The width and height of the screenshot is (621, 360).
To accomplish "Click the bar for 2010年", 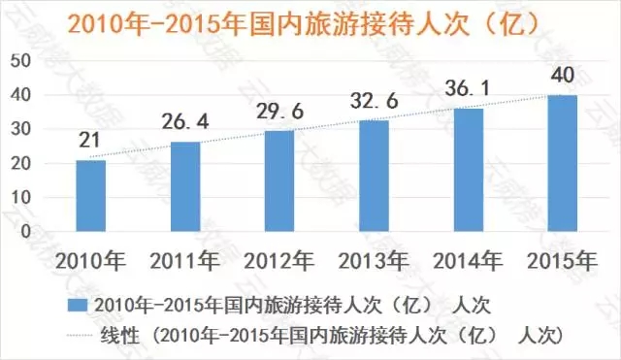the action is click(90, 196).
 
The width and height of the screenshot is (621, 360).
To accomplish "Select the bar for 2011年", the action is click(185, 186).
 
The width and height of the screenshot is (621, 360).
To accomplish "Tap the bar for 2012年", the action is click(279, 181).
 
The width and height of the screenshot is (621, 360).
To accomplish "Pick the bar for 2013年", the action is click(374, 176).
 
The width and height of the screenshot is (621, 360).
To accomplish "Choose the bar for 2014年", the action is click(469, 170).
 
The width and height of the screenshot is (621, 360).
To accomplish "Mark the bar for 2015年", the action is click(563, 163).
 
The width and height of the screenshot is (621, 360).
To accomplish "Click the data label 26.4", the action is click(185, 121).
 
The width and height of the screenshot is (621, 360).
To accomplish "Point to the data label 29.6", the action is click(280, 111).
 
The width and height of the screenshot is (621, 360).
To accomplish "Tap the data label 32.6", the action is click(375, 101).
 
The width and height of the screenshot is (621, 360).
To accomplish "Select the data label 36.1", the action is click(468, 88).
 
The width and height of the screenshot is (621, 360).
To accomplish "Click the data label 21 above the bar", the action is click(89, 140).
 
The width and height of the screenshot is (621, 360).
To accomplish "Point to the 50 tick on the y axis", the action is click(20, 61).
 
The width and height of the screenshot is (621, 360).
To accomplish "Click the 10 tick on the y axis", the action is click(20, 197).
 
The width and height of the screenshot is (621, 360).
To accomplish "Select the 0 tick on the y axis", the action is click(26, 231).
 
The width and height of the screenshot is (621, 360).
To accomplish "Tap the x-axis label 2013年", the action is click(374, 261).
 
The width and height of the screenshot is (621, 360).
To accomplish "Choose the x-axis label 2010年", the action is click(90, 261).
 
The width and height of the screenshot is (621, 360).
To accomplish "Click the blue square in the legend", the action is click(78, 306).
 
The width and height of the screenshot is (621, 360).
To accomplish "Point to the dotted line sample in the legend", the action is click(80, 336).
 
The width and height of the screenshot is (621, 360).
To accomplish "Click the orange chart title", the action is click(304, 24).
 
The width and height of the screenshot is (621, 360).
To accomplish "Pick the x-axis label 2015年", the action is click(562, 261).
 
